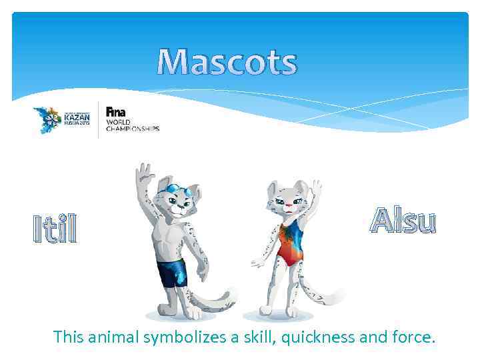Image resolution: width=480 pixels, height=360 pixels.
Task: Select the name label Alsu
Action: (403, 221)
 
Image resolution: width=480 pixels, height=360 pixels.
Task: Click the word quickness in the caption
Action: (319, 338)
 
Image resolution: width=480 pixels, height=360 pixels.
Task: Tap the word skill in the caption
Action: (253, 338)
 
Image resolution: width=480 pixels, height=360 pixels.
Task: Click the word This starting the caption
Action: (69, 338)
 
